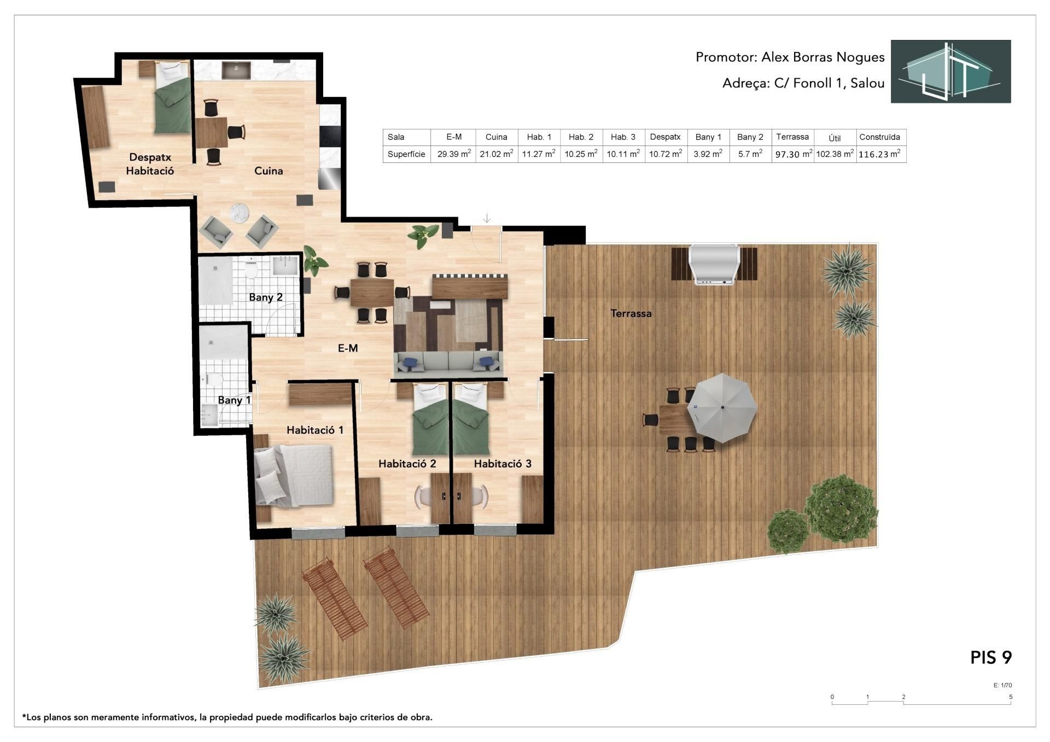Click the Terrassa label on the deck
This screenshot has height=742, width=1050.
pyautogui.click(x=631, y=313)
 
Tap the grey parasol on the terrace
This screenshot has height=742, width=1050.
pyautogui.click(x=722, y=407)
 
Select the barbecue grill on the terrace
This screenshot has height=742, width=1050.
pyautogui.click(x=714, y=265)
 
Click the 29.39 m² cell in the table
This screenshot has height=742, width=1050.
pyautogui.click(x=454, y=154)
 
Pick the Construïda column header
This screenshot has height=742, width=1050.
pyautogui.click(x=879, y=137)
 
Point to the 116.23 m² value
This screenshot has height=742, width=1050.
pyautogui.click(x=879, y=154)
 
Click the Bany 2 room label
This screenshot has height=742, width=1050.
pyautogui.click(x=266, y=297)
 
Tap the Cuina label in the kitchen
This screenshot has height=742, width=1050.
pyautogui.click(x=269, y=171)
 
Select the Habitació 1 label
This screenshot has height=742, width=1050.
pyautogui.click(x=315, y=430)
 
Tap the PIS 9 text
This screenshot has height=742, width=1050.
pyautogui.click(x=991, y=657)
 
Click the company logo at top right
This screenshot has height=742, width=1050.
pyautogui.click(x=950, y=71)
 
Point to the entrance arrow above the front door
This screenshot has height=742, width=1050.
pyautogui.click(x=487, y=218)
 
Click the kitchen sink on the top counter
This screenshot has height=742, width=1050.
pyautogui.click(x=236, y=70)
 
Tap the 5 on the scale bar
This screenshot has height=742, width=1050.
pyautogui.click(x=1011, y=697)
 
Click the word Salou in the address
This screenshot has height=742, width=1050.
pyautogui.click(x=867, y=83)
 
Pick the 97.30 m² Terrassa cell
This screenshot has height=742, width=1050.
pyautogui.click(x=793, y=154)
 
